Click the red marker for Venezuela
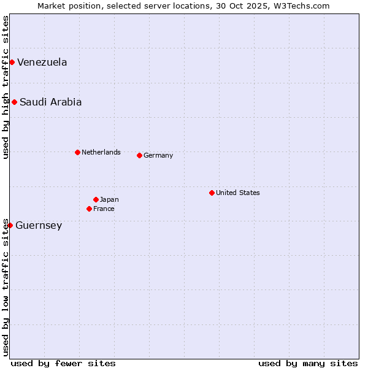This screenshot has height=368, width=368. coord(12,62)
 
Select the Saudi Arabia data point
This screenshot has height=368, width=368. coord(14,102)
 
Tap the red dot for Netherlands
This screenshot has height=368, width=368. coord(77,152)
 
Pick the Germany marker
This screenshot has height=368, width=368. coord(139,155)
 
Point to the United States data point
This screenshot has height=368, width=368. coord(212,193)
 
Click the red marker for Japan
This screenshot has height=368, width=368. coord(96,199)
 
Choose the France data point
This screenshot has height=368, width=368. coord(89,209)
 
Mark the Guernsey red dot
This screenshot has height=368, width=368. coord(10,225)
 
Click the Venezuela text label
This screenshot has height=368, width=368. coord(42,63)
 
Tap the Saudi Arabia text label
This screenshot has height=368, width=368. coord(50,102)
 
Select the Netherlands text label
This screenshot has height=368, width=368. coord(101,152)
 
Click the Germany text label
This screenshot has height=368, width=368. coord(158,155)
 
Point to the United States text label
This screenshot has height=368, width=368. coord(237,193)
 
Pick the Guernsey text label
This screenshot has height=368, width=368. coord(39,226)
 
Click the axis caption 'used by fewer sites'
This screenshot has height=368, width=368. coord(63,363)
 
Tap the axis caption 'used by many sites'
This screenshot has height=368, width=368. coord(308,363)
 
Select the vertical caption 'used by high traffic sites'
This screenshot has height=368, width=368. coord(6,87)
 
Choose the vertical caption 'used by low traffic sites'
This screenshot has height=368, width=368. coord(6,286)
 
